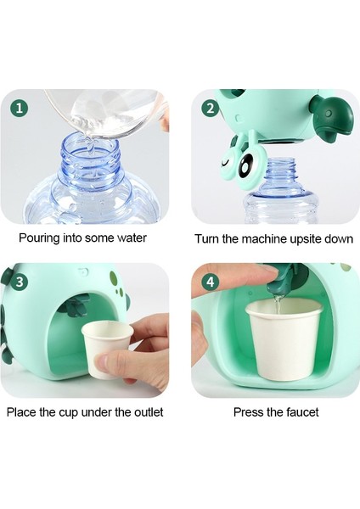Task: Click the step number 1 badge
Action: point(20,108)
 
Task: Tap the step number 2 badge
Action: point(211,108)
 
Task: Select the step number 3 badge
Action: point(20,282)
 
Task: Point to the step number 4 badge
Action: point(211,282)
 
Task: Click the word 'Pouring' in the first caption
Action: point(39,238)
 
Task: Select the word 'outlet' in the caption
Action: point(149,412)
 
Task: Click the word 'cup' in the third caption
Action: point(69,413)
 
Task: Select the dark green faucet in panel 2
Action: point(331,117)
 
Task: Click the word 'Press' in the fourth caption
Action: point(249,412)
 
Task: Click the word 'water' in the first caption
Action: point(132,238)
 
